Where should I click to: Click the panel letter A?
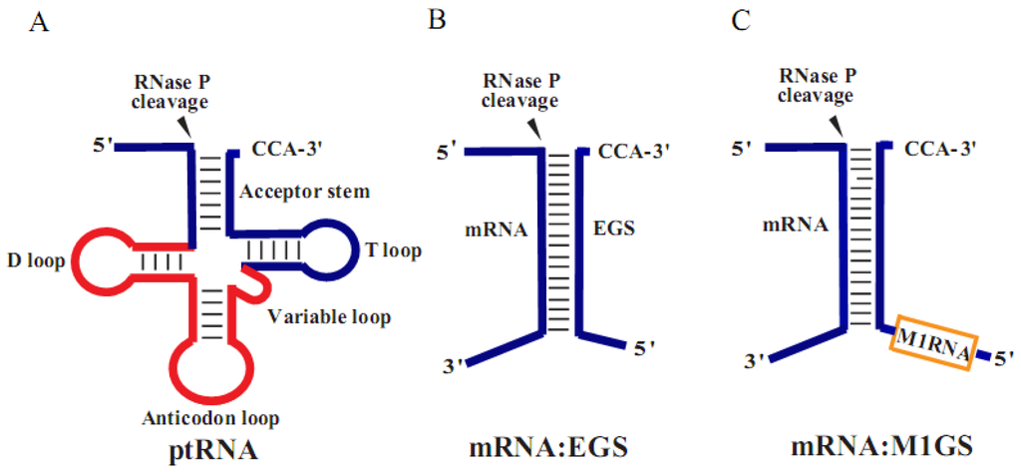39,21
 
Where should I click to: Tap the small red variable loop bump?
256,284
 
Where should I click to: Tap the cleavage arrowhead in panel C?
841,123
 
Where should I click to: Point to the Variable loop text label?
330,317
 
